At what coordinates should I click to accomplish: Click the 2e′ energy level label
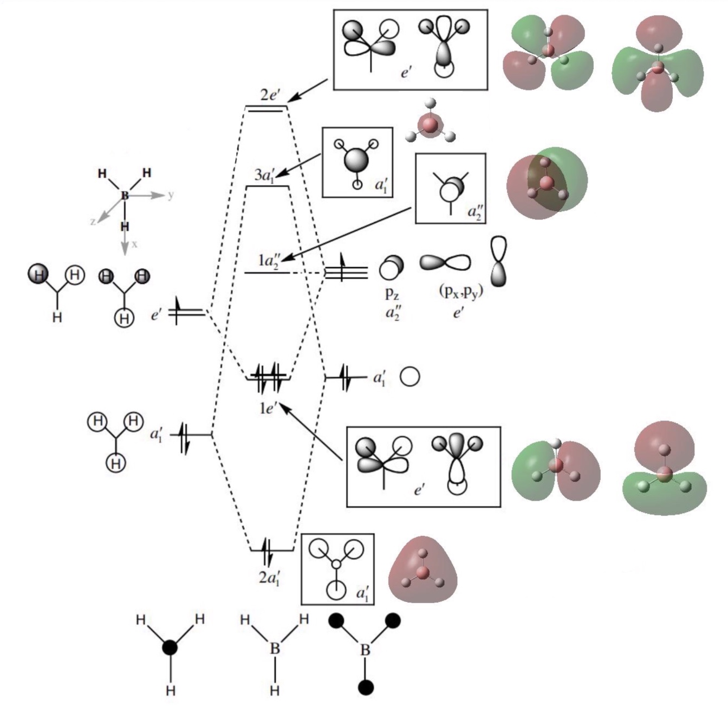click(270, 95)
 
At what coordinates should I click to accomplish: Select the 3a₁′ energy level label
click(266, 176)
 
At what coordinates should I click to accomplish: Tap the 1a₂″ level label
click(270, 261)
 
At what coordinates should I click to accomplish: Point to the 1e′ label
click(268, 408)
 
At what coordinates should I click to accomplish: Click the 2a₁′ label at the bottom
click(269, 579)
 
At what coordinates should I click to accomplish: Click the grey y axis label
click(171, 195)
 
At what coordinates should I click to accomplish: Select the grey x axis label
click(134, 244)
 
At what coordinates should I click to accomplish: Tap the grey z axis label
click(93, 222)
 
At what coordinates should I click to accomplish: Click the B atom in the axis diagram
click(124, 195)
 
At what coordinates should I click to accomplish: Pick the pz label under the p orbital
click(392, 294)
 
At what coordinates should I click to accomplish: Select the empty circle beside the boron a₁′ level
click(409, 377)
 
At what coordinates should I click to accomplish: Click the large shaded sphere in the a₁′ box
click(356, 161)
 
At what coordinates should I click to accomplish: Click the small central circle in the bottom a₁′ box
click(337, 563)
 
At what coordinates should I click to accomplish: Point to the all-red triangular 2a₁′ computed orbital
click(422, 570)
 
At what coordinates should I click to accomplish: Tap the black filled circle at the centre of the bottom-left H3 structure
click(170, 647)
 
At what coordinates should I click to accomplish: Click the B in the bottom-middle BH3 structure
click(275, 649)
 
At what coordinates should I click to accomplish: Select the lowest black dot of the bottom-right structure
click(366, 688)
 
